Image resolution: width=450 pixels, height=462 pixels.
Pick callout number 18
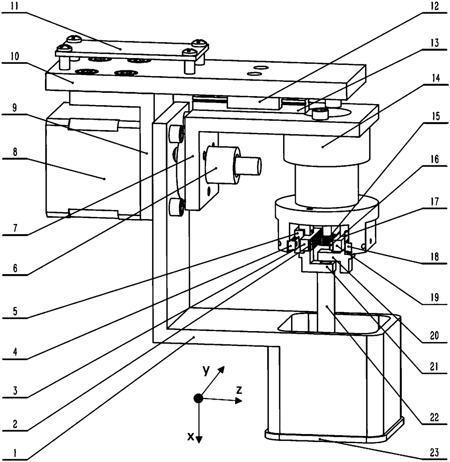pyautogui.click(x=435, y=257)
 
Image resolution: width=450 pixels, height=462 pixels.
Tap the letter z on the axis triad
pyautogui.click(x=239, y=390)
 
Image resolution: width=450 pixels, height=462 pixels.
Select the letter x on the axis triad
pyautogui.click(x=191, y=437)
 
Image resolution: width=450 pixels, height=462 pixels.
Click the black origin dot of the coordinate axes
pyautogui.click(x=198, y=398)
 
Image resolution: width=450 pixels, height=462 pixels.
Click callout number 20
pyautogui.click(x=435, y=335)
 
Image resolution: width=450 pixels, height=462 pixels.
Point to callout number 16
pyautogui.click(x=435, y=159)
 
